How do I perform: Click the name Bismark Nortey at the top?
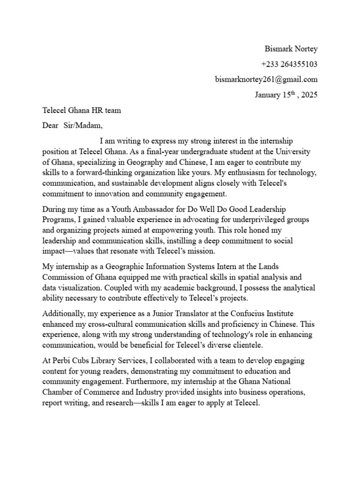291,49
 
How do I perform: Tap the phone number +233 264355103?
289,64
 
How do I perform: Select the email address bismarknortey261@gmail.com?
266,79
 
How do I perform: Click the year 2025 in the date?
309,95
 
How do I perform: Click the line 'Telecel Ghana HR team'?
82,111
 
